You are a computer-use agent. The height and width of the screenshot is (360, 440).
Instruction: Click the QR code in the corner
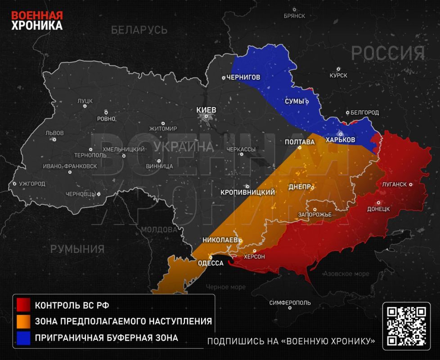[407, 326]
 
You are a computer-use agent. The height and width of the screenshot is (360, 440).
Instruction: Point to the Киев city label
[207, 110]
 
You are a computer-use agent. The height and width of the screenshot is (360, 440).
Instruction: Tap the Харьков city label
[340, 140]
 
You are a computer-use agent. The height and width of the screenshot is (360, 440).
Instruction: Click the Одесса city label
[211, 263]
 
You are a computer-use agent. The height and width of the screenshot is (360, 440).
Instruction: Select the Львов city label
[54, 133]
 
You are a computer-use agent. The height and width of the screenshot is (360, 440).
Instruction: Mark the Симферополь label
[290, 303]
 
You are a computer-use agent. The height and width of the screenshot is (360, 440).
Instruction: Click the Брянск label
[294, 16]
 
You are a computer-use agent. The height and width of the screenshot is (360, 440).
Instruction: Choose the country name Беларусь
[139, 30]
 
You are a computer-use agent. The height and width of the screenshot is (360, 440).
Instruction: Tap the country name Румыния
[77, 249]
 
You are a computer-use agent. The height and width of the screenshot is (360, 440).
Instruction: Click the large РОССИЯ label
[388, 54]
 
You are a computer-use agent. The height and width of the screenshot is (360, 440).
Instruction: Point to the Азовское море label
[346, 274]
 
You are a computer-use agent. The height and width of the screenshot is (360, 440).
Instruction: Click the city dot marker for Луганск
[410, 184]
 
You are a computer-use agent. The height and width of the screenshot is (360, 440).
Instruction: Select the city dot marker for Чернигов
[224, 78]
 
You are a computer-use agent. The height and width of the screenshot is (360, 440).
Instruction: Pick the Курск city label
[338, 75]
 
